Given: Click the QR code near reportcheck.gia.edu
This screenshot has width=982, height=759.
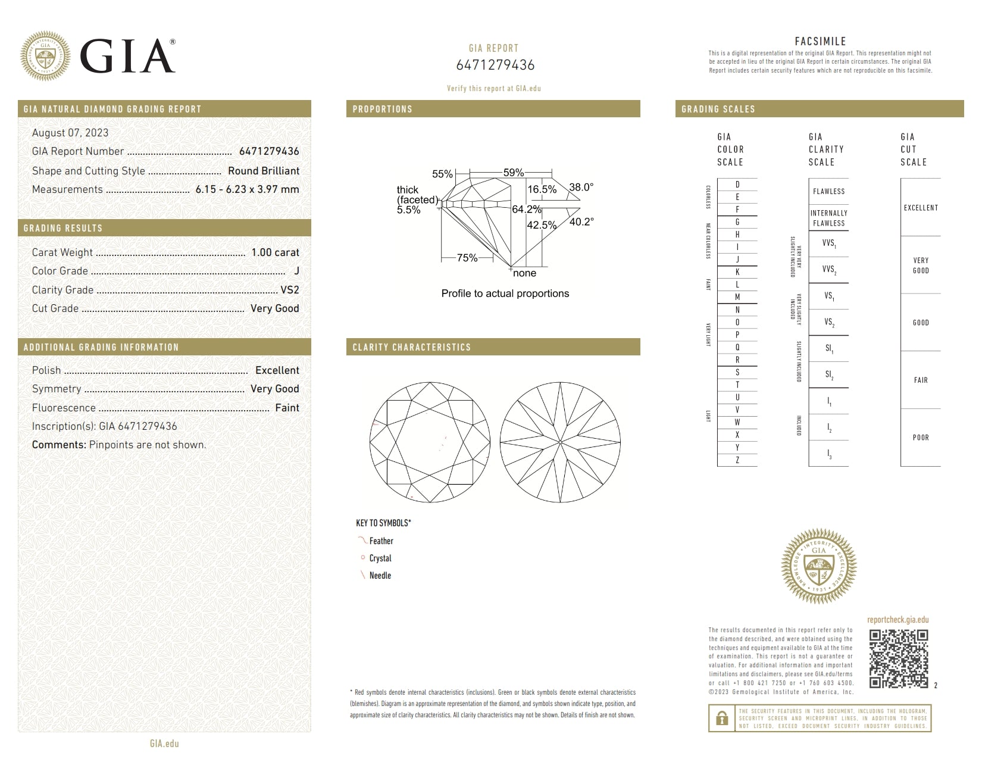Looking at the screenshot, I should click(898, 659).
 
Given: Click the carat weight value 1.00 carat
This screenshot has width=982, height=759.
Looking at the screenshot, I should click(275, 252).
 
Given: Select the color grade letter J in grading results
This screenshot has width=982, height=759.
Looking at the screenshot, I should click(296, 271).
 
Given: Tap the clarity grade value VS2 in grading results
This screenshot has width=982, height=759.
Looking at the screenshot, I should click(290, 290).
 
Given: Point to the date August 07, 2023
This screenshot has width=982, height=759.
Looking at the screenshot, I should click(70, 133).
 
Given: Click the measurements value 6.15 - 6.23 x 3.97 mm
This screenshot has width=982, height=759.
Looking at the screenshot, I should click(247, 189).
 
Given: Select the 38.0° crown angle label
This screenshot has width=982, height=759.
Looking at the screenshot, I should click(581, 187).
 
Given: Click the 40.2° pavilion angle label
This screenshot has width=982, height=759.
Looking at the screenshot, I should click(581, 221).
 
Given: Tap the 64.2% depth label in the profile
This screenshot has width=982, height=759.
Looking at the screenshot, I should click(526, 210).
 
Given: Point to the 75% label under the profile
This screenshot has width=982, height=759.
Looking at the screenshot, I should click(467, 258).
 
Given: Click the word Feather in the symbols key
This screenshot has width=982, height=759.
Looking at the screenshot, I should click(381, 541).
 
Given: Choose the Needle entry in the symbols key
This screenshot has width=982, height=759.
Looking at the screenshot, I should click(380, 576).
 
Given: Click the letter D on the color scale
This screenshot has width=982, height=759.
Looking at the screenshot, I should click(737, 185).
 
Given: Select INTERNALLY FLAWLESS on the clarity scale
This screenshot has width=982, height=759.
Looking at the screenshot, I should click(828, 218).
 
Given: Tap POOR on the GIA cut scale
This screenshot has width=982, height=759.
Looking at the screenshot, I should click(921, 438).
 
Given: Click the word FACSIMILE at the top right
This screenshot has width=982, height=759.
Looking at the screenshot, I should click(820, 41).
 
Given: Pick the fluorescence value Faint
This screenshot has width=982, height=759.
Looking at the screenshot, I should click(287, 408).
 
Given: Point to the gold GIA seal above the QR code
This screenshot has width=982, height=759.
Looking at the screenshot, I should click(819, 566).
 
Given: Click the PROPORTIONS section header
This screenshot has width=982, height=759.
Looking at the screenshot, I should click(382, 109).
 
